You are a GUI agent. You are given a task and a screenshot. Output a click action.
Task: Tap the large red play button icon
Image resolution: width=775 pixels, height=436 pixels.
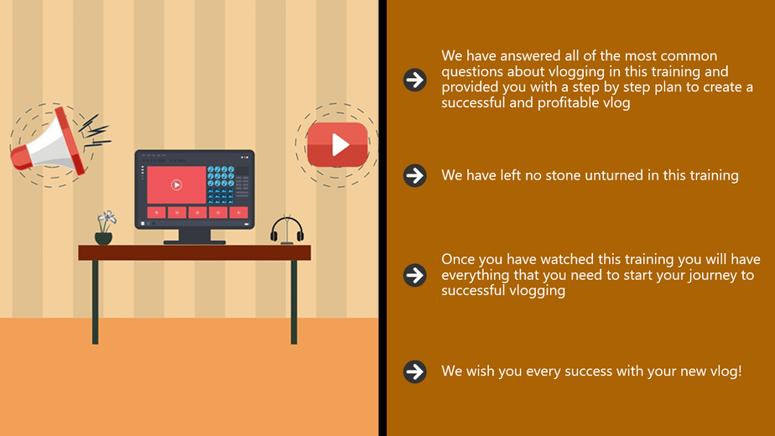[x=337, y=145]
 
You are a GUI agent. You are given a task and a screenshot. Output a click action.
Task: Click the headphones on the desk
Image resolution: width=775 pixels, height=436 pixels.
[x=287, y=231]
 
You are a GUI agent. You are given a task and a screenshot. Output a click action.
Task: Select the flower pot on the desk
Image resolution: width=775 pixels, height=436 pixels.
[x=104, y=238]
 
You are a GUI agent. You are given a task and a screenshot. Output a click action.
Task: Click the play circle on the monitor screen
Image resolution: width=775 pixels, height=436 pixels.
[x=176, y=184]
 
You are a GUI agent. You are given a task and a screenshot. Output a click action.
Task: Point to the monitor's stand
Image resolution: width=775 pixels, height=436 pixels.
[x=195, y=236]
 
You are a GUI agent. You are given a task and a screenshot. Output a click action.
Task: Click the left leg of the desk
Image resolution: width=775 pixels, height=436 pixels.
[x=95, y=302]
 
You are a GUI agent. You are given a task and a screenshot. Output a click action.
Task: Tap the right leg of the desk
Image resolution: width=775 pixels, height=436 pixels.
[x=294, y=302]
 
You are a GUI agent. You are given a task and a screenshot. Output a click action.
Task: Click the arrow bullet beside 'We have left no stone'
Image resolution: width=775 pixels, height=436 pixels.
[x=414, y=175]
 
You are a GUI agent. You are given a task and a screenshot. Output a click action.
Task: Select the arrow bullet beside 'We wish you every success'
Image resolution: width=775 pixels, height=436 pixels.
[x=414, y=371]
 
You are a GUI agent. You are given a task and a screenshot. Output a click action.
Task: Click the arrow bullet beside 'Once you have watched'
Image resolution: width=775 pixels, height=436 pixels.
[x=414, y=275]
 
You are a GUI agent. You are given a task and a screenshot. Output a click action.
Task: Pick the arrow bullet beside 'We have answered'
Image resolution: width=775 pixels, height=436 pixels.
[x=414, y=80]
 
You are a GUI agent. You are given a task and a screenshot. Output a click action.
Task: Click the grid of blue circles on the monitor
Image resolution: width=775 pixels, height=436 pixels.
[x=221, y=184]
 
